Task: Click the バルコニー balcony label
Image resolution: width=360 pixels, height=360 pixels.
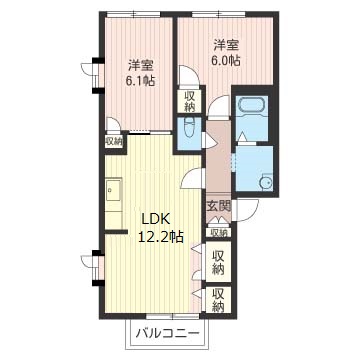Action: (168, 333)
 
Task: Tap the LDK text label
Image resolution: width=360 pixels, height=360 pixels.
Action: (156, 219)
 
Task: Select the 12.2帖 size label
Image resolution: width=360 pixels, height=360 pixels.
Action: (160, 236)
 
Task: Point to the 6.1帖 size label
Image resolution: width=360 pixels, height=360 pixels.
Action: (140, 81)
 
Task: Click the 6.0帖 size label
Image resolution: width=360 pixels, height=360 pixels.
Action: (225, 60)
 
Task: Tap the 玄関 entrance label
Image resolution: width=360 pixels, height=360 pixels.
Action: (219, 207)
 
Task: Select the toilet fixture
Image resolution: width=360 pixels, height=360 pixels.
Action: (189, 132)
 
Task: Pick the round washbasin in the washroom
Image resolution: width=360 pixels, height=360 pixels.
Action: (266, 183)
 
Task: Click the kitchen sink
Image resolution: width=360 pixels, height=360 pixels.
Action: (113, 190)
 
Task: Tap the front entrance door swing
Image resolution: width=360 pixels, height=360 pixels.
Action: (246, 210)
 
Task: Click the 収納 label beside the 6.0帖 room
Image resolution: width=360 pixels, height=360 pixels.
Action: (190, 101)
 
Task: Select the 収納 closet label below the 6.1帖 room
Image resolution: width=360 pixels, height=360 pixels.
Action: (114, 142)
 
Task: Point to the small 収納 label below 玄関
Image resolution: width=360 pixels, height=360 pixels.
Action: (219, 233)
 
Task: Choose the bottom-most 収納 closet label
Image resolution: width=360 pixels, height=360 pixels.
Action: (218, 299)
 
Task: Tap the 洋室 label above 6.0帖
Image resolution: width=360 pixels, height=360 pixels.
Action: (226, 45)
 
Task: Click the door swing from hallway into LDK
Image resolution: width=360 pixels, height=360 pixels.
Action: (192, 178)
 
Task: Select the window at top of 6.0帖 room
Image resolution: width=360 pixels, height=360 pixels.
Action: (219, 14)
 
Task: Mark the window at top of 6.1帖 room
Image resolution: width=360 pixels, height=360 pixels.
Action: (134, 14)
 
